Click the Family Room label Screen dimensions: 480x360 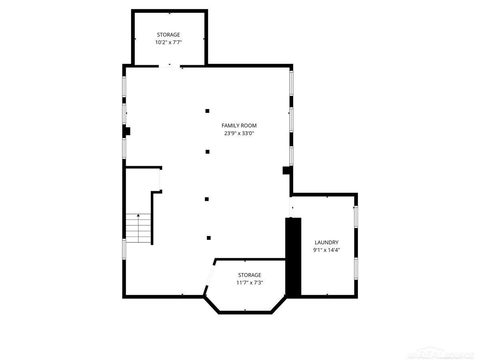click(x=239, y=126)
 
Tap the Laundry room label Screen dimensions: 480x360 click(x=326, y=242)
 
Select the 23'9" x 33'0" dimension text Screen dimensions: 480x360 click(x=239, y=133)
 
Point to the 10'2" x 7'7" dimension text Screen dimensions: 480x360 click(x=168, y=42)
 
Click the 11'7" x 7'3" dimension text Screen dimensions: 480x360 click(x=250, y=283)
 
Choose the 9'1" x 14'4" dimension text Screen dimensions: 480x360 click(x=326, y=250)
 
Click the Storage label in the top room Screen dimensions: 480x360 click(x=168, y=34)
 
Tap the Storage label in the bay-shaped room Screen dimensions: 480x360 click(x=250, y=275)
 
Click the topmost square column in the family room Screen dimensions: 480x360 click(x=207, y=111)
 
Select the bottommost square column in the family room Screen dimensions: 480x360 click(x=209, y=238)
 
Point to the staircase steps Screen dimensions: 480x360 click(x=138, y=228)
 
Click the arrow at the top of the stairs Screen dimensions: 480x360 click(x=138, y=215)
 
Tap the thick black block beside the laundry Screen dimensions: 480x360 click(x=293, y=258)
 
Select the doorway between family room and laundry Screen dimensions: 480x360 click(x=291, y=207)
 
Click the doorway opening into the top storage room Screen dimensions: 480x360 click(x=169, y=66)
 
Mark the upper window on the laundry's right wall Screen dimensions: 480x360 click(x=356, y=217)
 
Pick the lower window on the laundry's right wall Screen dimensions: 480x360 click(x=356, y=268)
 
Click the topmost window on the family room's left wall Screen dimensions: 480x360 click(x=124, y=86)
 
